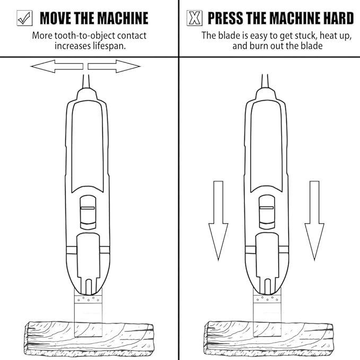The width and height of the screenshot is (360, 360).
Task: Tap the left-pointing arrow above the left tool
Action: point(56,66)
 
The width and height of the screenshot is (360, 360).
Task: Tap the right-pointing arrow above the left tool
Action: point(114,66)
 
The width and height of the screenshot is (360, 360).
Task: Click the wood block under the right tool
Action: point(268,337)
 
